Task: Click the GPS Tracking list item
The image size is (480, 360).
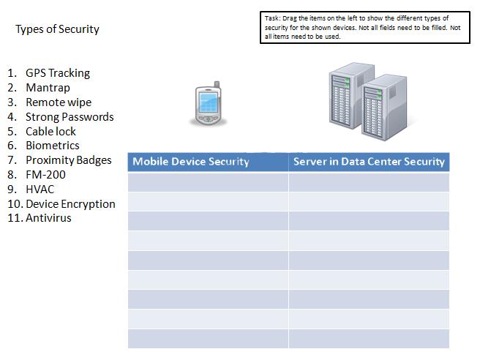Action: point(58,73)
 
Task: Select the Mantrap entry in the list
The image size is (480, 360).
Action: point(48,88)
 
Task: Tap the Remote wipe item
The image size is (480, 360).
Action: point(59,102)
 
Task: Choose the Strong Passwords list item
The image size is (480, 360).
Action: point(70,117)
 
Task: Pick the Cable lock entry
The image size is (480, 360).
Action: point(50,132)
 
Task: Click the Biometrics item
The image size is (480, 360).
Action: point(53,146)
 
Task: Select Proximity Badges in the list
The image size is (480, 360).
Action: point(69,160)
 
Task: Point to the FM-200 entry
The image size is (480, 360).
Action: point(45,175)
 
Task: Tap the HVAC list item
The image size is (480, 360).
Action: point(40,189)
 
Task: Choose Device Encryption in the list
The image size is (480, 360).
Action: point(70,203)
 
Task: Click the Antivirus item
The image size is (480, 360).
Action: point(48,218)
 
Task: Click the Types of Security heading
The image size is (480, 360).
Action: point(57,29)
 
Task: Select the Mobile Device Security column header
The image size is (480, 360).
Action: point(191,162)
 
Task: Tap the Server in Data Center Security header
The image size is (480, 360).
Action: point(369,162)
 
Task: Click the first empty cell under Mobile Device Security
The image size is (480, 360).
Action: point(208,182)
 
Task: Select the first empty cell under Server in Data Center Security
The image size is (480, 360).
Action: point(369,182)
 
